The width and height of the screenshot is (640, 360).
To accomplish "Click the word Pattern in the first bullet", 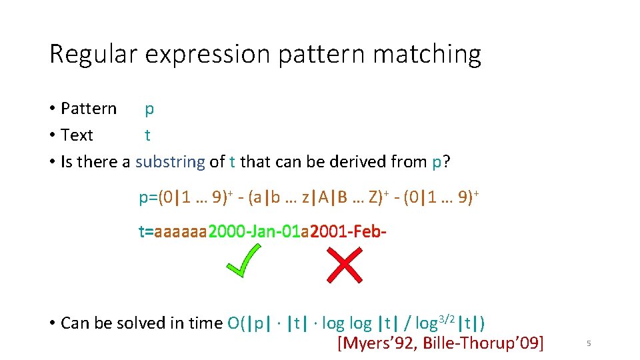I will point(88,109).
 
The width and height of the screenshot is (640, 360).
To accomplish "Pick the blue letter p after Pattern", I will point(149,109).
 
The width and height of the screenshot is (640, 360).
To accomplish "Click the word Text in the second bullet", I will point(77,135).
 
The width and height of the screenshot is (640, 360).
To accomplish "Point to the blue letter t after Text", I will point(147,135).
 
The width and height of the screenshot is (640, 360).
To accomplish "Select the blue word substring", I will point(170,162).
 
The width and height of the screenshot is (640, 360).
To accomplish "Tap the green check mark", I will point(243,261).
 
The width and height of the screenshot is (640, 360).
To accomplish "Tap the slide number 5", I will point(589,343).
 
